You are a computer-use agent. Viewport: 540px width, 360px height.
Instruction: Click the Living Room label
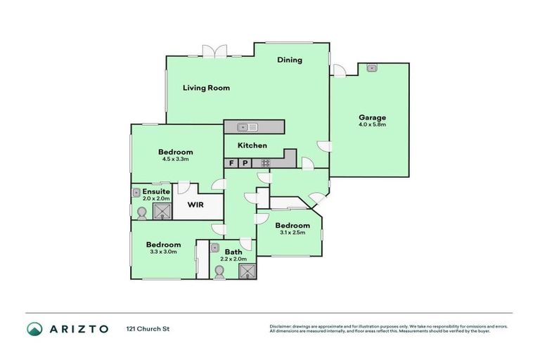[206, 88]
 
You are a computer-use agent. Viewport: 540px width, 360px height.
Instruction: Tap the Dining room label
[289, 60]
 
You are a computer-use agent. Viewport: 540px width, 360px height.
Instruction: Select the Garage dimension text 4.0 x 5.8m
[372, 125]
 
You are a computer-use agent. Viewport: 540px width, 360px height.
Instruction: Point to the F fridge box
[231, 163]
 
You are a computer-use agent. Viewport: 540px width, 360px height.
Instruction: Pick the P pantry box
[245, 163]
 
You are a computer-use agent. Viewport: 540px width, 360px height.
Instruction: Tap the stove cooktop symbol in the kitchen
[266, 163]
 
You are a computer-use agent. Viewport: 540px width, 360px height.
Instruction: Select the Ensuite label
[155, 191]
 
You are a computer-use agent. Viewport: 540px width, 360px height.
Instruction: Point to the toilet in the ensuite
[141, 212]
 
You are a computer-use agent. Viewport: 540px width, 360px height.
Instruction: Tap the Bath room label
[233, 251]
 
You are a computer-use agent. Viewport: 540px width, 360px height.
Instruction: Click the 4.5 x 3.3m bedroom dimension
[175, 160]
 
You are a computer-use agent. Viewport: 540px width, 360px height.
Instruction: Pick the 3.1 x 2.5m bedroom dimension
[292, 233]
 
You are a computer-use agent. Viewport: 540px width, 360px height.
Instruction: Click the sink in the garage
[371, 68]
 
